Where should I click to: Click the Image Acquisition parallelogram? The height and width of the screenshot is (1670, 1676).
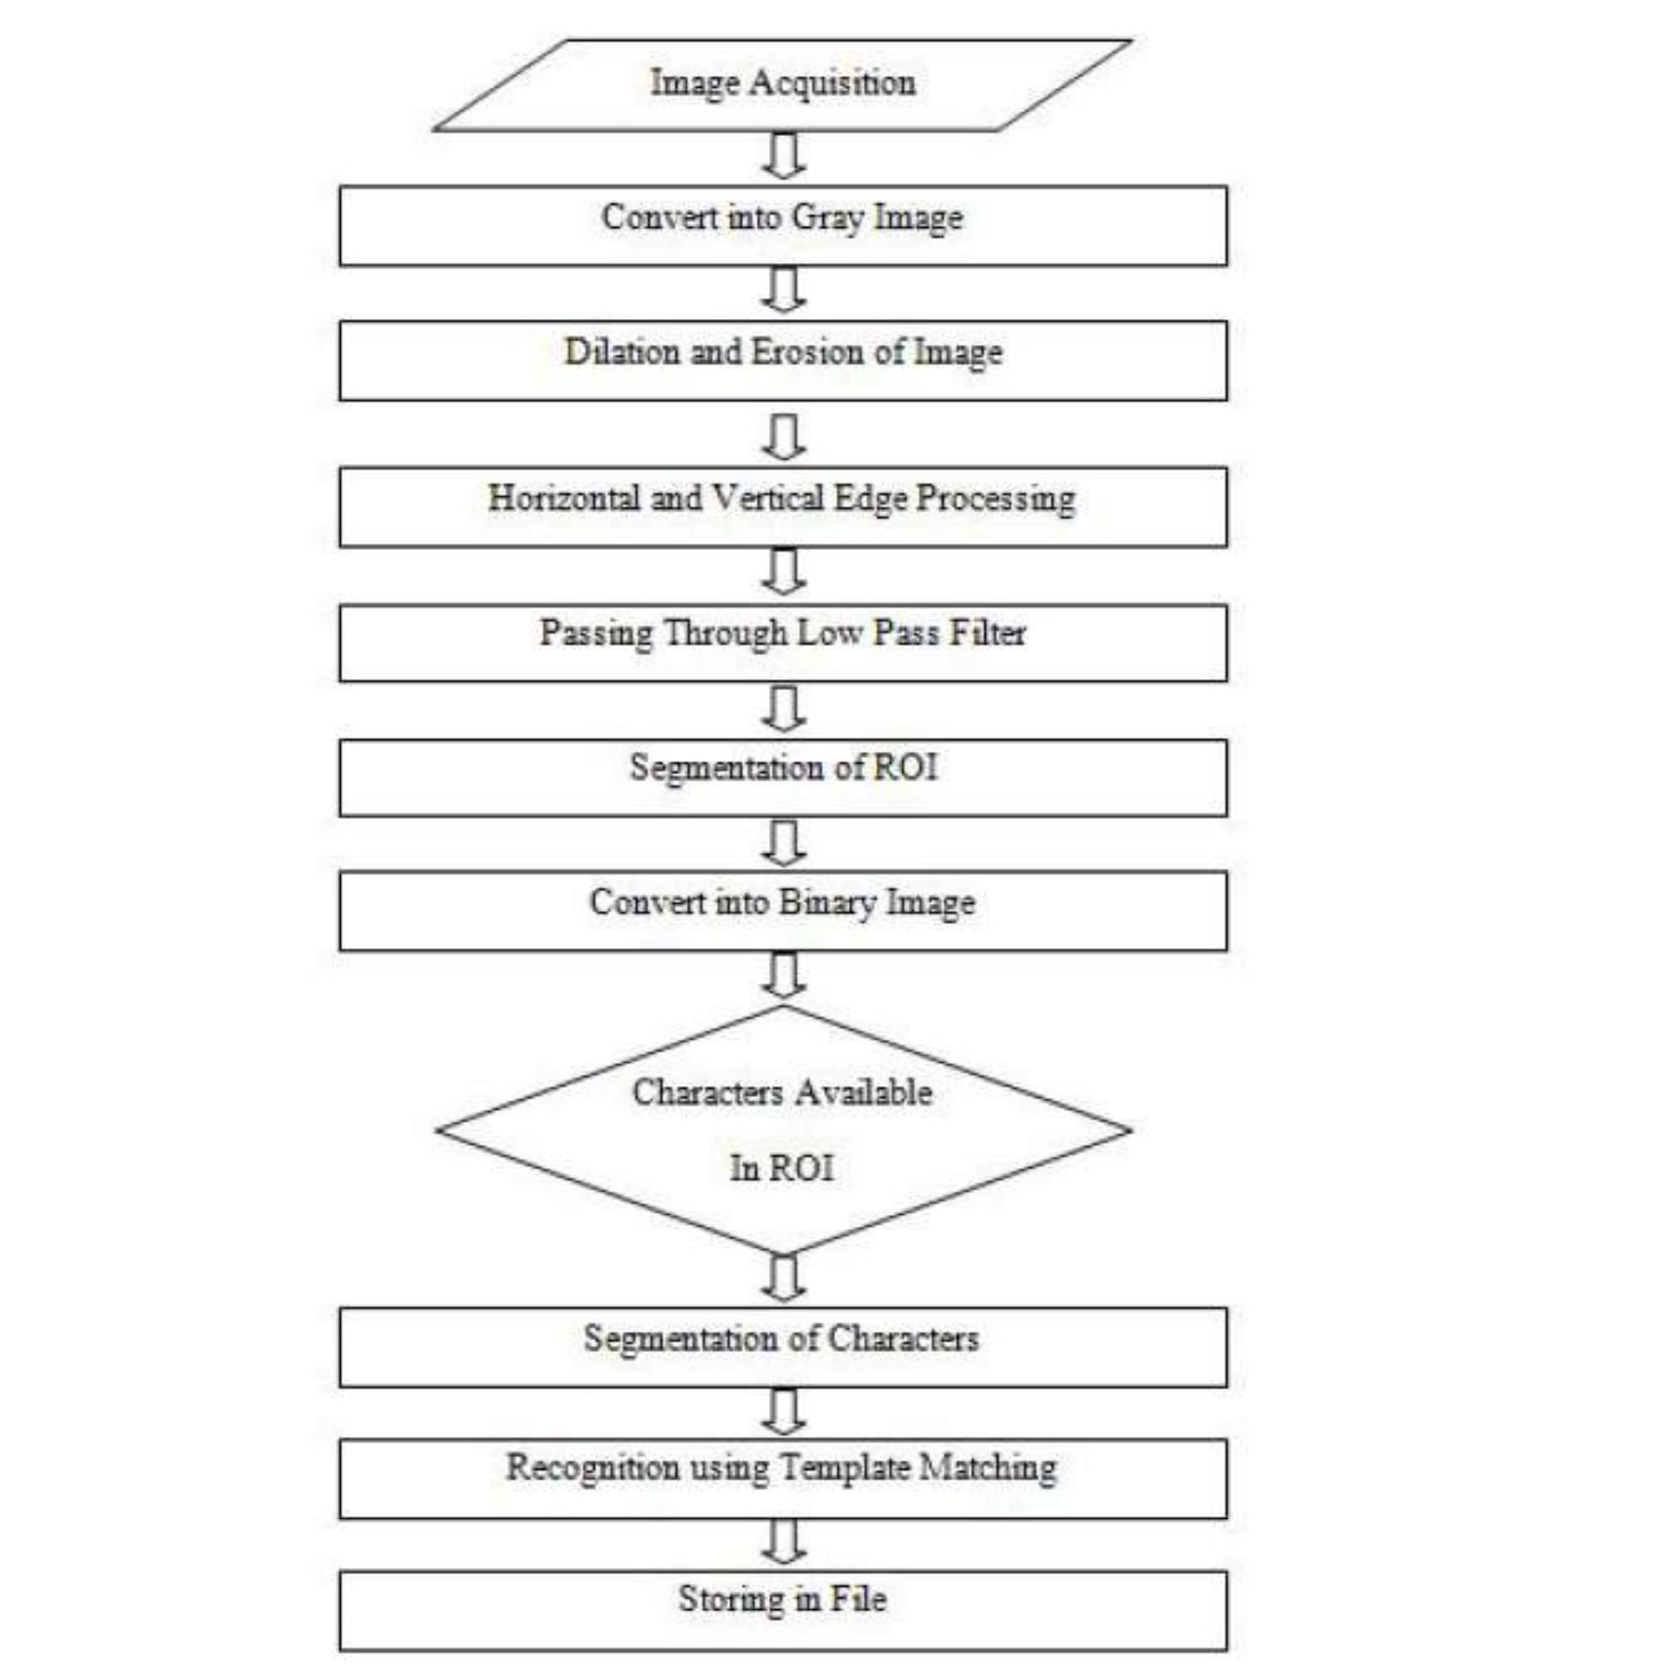tap(783, 85)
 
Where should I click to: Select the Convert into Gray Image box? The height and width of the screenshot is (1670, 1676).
tap(783, 226)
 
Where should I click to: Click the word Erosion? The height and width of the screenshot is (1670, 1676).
tap(808, 351)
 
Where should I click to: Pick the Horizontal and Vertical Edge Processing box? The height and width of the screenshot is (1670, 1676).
tap(783, 507)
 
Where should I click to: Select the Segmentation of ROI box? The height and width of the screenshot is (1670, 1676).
tap(783, 778)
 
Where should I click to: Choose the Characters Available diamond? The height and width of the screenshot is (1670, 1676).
tap(783, 1130)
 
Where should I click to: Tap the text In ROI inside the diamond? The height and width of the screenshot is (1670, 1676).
tap(782, 1168)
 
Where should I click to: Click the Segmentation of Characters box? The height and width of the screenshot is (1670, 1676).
tap(783, 1347)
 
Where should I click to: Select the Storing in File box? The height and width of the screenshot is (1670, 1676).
tap(783, 1611)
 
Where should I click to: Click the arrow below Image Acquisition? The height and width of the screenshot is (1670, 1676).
tap(783, 156)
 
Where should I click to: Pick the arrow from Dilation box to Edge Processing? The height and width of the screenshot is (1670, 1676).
tap(783, 436)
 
